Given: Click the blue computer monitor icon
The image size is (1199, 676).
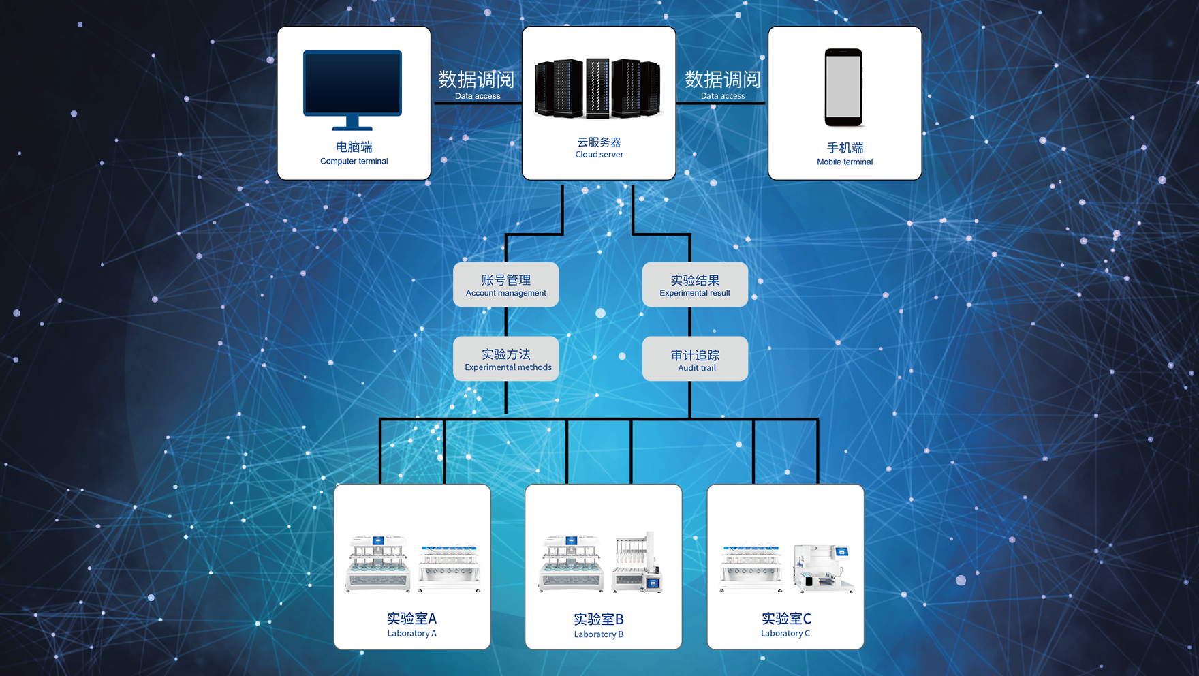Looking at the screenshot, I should (x=352, y=88).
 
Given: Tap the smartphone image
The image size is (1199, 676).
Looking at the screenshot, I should (x=843, y=87).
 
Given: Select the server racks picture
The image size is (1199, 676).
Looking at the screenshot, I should (x=598, y=88).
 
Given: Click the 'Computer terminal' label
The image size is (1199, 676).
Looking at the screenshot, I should (x=354, y=162).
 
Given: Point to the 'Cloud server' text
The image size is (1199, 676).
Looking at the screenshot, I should (x=599, y=155).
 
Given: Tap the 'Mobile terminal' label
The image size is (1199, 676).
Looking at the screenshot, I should (x=845, y=162).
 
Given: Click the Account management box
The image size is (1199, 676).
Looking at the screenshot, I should (x=505, y=285).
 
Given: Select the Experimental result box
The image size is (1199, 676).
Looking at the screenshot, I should (x=695, y=285).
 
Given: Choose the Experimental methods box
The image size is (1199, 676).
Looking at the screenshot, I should (x=506, y=359).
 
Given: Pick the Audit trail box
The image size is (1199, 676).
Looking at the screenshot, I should (x=695, y=359).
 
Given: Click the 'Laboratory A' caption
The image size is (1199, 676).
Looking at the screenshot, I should (x=411, y=634).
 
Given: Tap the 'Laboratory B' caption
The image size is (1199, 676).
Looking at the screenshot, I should (x=598, y=634).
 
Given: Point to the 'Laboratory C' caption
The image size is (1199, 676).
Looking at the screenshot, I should (x=785, y=634).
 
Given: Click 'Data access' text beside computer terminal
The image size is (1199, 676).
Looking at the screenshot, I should (x=477, y=96).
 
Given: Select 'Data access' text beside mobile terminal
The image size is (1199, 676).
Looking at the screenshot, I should (x=722, y=96).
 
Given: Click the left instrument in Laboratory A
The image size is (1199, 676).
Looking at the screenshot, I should (x=377, y=564).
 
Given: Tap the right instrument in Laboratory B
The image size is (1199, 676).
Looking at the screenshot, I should (x=637, y=562).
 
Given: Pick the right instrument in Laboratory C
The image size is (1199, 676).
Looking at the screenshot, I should (x=823, y=567).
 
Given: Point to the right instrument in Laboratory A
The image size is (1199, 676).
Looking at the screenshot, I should (x=450, y=567).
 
